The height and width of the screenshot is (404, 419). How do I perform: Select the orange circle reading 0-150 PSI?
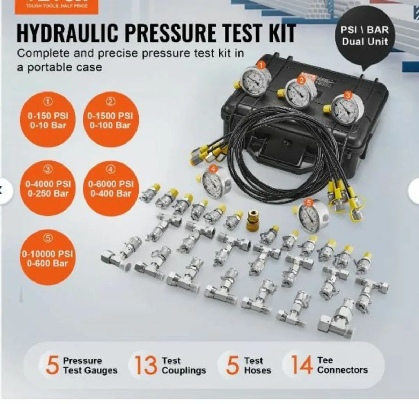click(48, 119)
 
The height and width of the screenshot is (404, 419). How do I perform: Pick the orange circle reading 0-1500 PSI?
click(110, 119)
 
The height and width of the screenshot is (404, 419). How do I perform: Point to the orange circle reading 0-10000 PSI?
click(47, 257)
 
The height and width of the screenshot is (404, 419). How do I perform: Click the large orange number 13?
click(146, 365)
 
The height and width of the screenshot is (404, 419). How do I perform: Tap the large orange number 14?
click(301, 365)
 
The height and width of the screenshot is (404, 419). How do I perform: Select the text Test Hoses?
click(257, 365)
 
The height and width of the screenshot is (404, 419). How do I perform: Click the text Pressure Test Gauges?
click(90, 366)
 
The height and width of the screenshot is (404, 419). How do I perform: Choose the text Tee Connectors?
click(342, 365)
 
